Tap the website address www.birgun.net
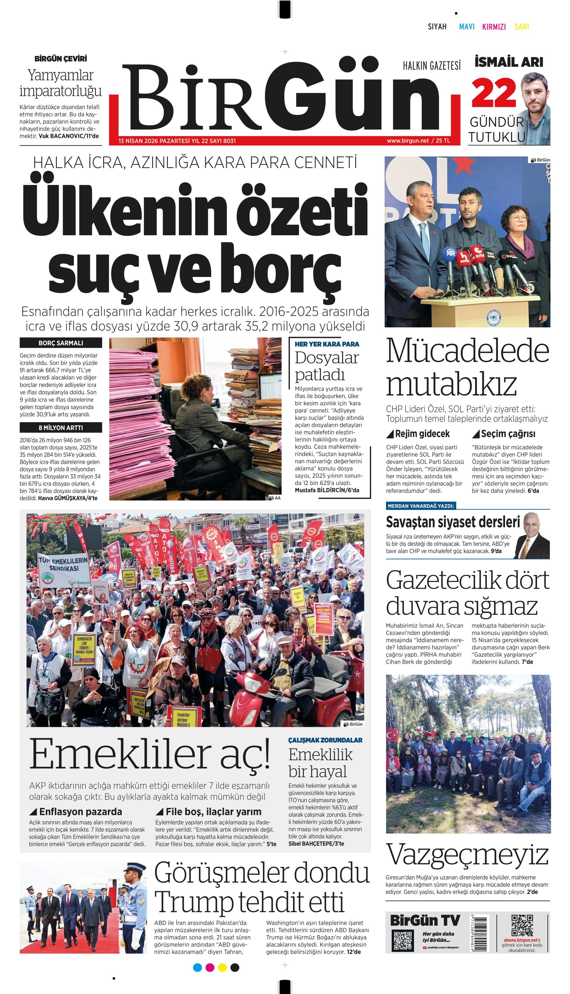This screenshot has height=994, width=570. click(408, 141)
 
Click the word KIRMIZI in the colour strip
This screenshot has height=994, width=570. click(494, 27)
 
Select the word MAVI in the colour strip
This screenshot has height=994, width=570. click(467, 27)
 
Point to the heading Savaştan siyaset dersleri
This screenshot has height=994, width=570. click(453, 522)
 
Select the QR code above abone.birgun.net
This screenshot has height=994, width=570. click(522, 925)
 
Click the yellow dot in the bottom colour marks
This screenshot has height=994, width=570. click(222, 968)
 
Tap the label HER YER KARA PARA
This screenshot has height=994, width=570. click(327, 344)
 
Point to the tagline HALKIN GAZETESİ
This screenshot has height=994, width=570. click(431, 66)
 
